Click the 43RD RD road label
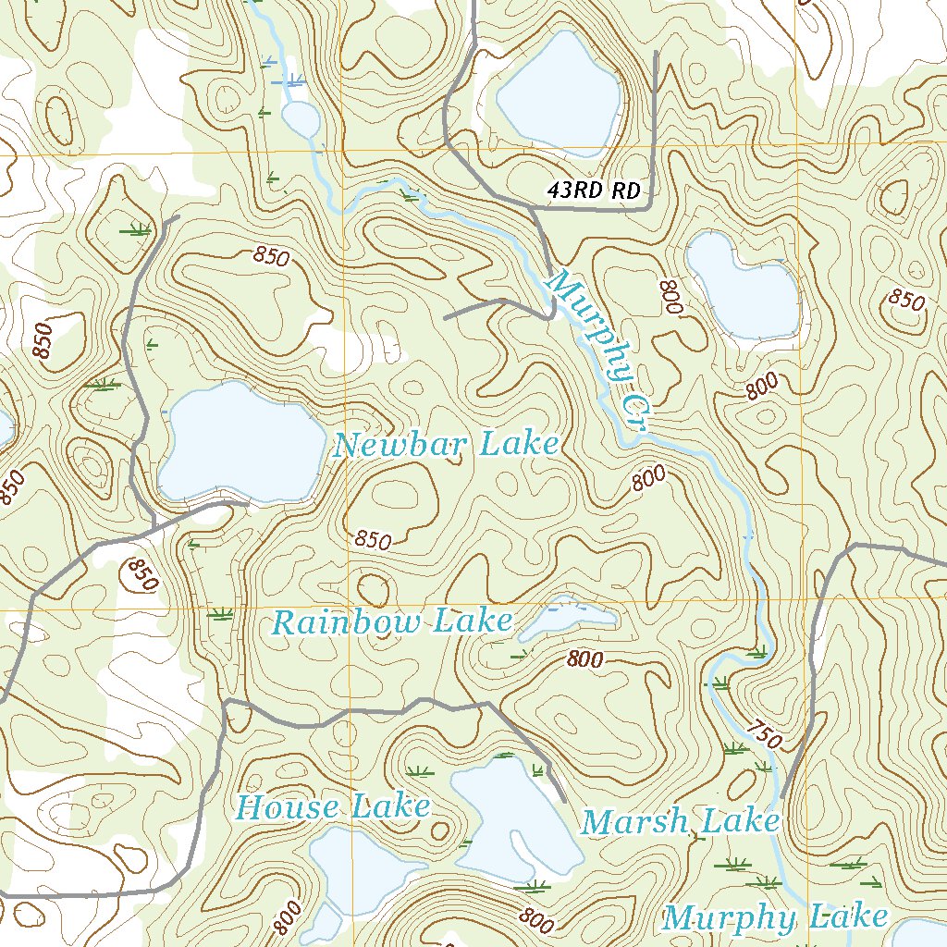(594, 191)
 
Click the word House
(288, 807)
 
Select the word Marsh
(636, 820)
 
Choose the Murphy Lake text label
(775, 917)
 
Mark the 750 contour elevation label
(765, 734)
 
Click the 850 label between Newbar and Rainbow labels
(373, 540)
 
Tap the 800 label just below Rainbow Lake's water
(585, 659)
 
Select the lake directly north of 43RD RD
(560, 93)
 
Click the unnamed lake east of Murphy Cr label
(744, 287)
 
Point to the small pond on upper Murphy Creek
(300, 118)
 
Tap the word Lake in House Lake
(388, 807)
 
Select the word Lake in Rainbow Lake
(473, 621)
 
